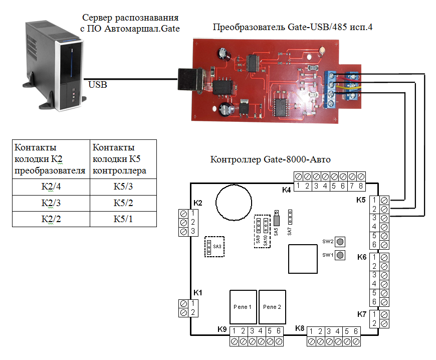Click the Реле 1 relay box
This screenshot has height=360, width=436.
[243, 307]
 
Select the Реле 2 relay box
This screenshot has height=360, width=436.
[272, 307]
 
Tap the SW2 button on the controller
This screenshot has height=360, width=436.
[340, 242]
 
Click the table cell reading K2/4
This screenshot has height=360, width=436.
[51, 188]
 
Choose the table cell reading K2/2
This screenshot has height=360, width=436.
[51, 219]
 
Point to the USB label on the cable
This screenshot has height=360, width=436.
[98, 85]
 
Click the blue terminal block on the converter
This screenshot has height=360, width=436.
[331, 89]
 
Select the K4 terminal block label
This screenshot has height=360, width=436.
[287, 190]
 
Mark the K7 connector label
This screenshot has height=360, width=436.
[362, 314]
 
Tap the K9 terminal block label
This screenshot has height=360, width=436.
[222, 329]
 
